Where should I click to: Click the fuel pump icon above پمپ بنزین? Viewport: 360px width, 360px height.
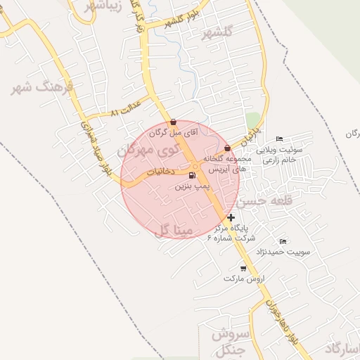192,175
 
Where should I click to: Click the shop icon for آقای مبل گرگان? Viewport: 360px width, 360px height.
174,122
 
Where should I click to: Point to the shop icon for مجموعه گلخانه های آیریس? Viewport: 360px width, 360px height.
227,148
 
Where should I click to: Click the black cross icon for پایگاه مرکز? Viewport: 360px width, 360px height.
231,217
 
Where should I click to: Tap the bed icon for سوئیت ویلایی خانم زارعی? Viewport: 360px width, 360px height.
280,138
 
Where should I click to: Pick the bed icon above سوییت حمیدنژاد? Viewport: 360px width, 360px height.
283,241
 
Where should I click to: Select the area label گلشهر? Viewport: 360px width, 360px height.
217,32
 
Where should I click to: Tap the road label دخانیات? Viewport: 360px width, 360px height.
161,170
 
